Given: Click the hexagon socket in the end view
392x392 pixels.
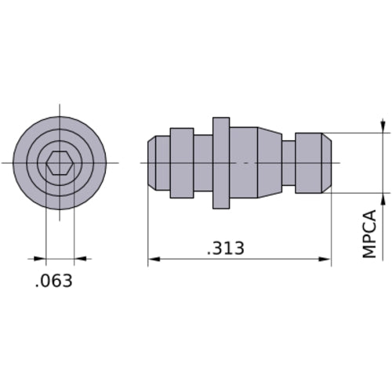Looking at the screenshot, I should pos(60,163).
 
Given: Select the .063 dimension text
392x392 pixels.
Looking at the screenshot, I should pos(54,281).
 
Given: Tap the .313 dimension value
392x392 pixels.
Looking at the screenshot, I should pos(226,249).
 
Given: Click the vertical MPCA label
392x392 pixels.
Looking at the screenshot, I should pos(369,233).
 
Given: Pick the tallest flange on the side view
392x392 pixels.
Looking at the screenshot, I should pos(221,163).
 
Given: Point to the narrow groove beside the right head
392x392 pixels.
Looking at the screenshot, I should pos(289,163).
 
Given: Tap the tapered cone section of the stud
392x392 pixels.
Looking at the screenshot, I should pos(270,163).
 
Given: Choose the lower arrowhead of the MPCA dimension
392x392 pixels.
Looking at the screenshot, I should pos(383,198).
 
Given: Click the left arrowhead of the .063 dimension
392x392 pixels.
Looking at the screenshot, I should pos(41,258).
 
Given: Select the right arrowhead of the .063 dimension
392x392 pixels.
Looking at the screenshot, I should pos(80,258).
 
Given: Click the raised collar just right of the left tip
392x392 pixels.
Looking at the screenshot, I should pos(182,163).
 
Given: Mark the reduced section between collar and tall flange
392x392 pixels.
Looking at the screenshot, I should pos(203,163).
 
